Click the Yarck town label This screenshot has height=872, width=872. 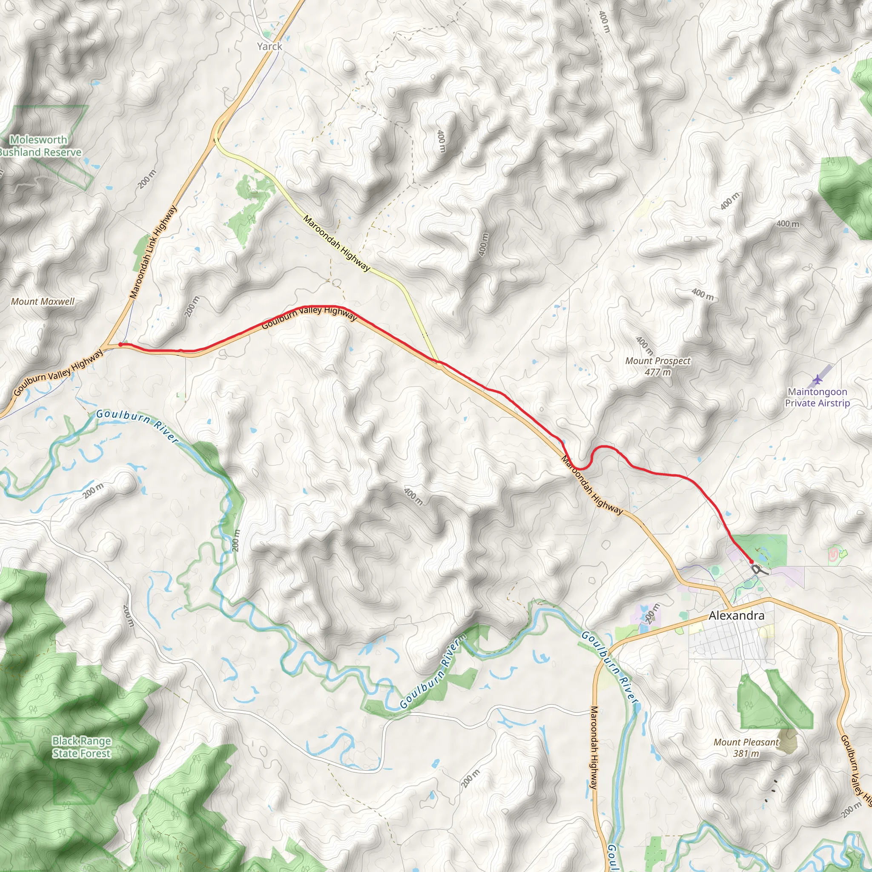click(270, 46)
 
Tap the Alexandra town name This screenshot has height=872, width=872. click(737, 616)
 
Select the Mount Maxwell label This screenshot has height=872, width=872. click(43, 301)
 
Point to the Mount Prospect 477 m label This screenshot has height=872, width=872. click(657, 367)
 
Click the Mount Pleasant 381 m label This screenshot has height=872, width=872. click(746, 747)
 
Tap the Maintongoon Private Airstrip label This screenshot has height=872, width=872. click(817, 397)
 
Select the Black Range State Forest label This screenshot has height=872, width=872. click(82, 747)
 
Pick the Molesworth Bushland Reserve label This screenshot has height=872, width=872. click(40, 146)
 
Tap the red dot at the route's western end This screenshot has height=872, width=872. click(120, 345)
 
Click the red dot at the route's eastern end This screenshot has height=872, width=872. click(751, 561)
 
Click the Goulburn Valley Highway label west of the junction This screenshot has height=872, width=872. click(58, 374)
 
